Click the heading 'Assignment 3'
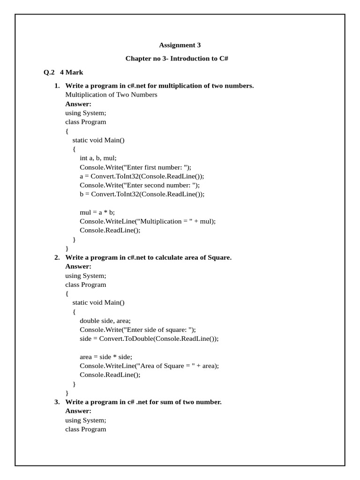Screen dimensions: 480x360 pos(180,45)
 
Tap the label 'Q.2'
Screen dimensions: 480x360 pos(49,72)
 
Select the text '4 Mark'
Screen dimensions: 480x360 pos(72,72)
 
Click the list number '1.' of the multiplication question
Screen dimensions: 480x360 pos(57,86)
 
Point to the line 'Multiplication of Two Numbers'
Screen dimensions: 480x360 pos(111,95)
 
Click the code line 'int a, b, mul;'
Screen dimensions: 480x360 pos(98,158)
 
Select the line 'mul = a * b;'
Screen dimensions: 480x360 pos(97,212)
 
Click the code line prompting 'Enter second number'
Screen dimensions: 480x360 pos(140,185)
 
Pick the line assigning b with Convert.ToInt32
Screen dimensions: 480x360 pos(142,194)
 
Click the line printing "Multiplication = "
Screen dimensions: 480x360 pos(148,221)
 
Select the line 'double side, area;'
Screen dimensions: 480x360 pos(105,321)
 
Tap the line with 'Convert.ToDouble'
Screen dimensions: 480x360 pos(149,339)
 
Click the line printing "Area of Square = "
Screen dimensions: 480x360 pos(149,366)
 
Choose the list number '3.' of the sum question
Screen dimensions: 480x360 pos(57,402)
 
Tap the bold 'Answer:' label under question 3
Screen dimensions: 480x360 pos(78,411)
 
